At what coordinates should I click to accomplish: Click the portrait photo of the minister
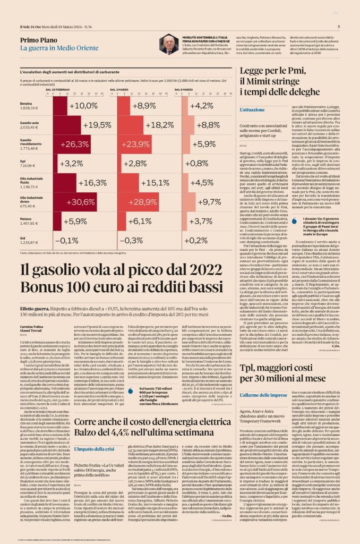[x=169, y=44]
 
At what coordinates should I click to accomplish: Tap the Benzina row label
[x=26, y=103]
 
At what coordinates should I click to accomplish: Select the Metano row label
[x=26, y=218]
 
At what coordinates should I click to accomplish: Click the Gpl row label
[x=23, y=160]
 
